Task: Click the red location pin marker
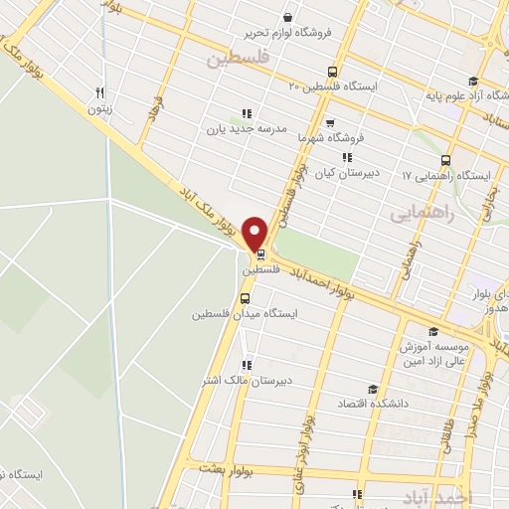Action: coord(256,235)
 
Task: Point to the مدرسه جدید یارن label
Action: coord(246,129)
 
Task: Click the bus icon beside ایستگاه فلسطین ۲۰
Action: coord(332,72)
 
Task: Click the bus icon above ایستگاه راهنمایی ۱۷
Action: coord(444,159)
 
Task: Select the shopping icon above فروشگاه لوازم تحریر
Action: coord(287,17)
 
